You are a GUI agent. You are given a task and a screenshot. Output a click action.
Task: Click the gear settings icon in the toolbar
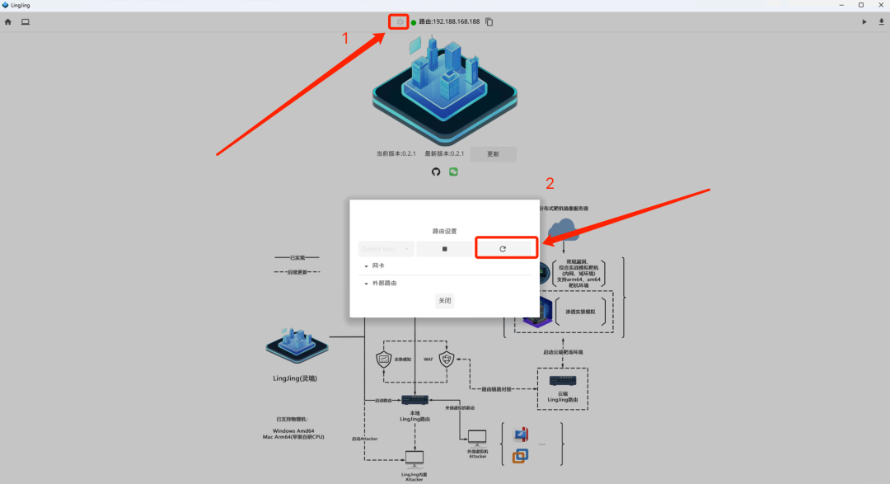click(x=400, y=21)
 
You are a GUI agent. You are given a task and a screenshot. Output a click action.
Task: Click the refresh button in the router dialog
click(x=503, y=248)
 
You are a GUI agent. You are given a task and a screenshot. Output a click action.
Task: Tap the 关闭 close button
click(x=445, y=301)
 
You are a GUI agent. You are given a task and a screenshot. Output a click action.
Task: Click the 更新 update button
click(x=493, y=154)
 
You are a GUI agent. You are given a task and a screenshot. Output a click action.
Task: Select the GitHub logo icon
click(x=437, y=172)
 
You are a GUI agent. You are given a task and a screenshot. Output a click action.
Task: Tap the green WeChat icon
click(x=453, y=172)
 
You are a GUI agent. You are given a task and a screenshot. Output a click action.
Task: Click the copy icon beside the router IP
click(x=489, y=21)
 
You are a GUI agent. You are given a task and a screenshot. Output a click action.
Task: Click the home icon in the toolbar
click(x=8, y=21)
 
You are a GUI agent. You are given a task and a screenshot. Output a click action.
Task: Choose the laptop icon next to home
click(x=26, y=21)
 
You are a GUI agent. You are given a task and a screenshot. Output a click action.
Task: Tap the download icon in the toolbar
click(x=882, y=21)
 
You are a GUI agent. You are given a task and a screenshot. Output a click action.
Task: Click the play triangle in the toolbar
click(x=864, y=21)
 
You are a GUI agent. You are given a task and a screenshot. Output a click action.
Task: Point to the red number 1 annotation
click(x=345, y=38)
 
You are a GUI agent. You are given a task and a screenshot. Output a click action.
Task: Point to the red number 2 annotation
click(x=550, y=182)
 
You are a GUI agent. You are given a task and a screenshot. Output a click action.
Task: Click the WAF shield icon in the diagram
click(x=447, y=359)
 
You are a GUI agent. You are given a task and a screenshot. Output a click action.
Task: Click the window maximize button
click(x=861, y=5)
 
